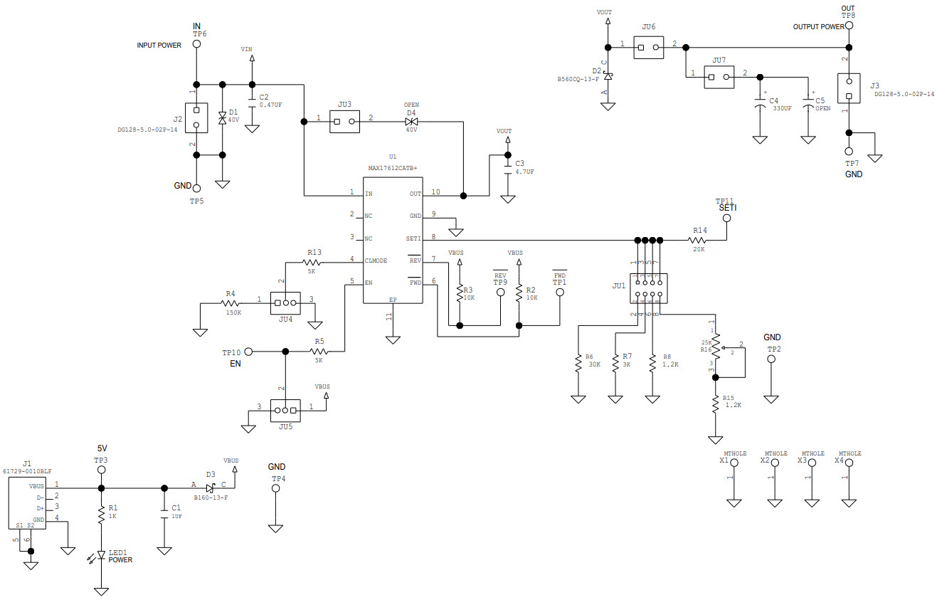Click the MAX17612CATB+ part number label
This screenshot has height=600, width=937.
[x=392, y=168]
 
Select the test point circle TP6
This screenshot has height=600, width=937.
[x=197, y=44]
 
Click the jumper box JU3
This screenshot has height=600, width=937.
[x=345, y=122]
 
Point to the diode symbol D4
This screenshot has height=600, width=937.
[x=411, y=122]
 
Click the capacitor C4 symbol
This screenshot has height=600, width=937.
[x=760, y=106]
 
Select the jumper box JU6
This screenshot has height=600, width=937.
[x=648, y=48]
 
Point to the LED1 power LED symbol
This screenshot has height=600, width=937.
[x=101, y=556]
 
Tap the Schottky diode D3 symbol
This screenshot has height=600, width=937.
[x=209, y=488]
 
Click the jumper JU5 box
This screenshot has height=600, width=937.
[x=285, y=410]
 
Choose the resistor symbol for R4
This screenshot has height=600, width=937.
[x=230, y=304]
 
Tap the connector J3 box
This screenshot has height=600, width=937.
[x=849, y=88]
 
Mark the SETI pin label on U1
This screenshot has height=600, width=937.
[x=413, y=238]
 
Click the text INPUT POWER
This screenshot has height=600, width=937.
[x=159, y=45]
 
